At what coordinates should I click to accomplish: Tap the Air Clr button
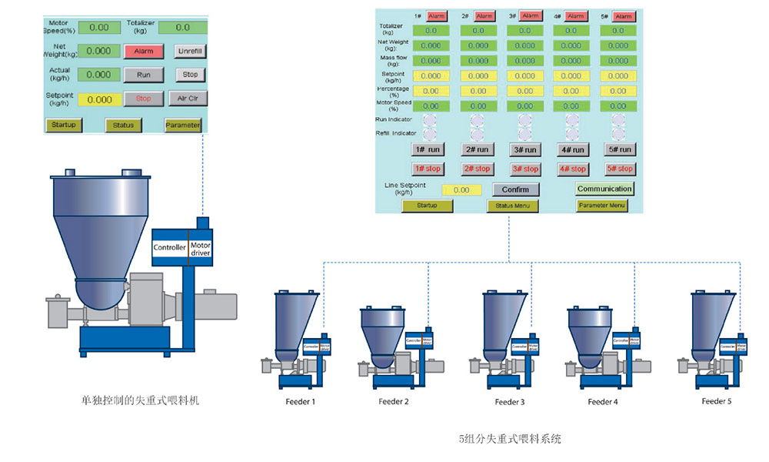[188, 99]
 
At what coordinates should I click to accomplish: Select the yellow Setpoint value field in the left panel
[99, 99]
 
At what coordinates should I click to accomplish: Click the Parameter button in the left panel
[182, 126]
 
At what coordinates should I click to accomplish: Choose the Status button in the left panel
[123, 126]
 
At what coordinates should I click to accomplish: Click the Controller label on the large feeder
[169, 248]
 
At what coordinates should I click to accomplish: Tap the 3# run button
[525, 149]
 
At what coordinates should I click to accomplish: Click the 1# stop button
[428, 169]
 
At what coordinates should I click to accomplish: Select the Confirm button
[515, 189]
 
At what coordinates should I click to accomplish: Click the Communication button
[604, 189]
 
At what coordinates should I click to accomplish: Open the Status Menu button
[514, 206]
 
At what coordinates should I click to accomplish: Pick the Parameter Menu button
[602, 206]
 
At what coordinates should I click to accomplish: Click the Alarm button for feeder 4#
[576, 16]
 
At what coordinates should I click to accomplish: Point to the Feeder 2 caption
[394, 402]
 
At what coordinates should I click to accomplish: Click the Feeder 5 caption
[716, 401]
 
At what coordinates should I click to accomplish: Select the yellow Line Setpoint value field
[461, 189]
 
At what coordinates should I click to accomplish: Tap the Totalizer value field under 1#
[431, 31]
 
